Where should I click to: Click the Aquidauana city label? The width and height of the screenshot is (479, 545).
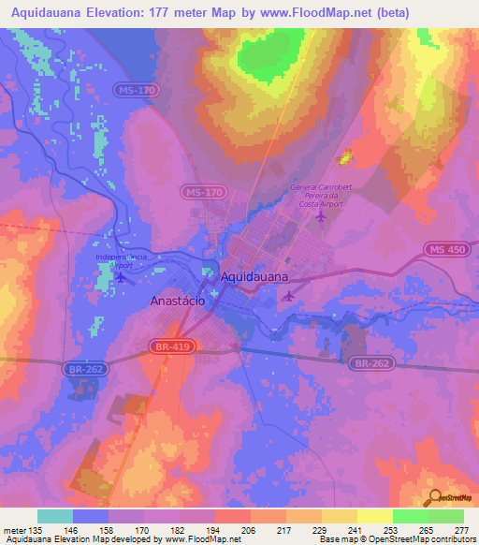coord(255,277)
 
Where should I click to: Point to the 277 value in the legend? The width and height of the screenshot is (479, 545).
coord(459,529)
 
